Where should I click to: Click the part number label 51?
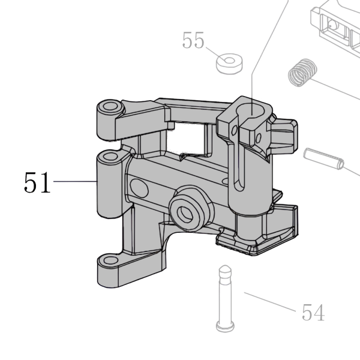[37, 182]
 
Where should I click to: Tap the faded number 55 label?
[193, 40]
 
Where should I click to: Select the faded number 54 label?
[313, 312]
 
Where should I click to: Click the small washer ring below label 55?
[229, 64]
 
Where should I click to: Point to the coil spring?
[302, 73]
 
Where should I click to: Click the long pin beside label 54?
[225, 298]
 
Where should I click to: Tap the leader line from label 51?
[76, 181]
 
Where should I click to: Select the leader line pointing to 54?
[270, 302]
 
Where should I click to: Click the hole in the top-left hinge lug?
[110, 106]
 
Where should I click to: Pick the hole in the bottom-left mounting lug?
[110, 260]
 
